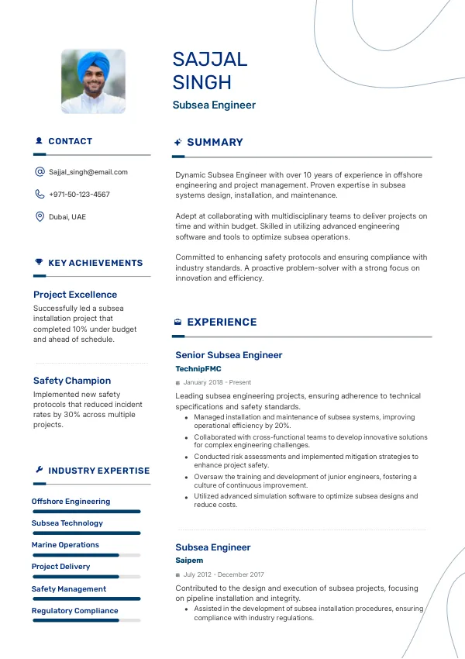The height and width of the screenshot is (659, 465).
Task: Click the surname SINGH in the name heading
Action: [202, 83]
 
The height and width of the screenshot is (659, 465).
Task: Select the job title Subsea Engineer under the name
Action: [214, 105]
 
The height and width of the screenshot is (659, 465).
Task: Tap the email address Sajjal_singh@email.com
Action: [88, 172]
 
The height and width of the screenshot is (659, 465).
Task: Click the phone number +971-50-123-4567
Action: [79, 195]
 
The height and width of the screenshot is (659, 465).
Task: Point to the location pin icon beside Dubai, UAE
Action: [40, 217]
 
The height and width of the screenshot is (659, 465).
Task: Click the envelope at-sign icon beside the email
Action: [40, 172]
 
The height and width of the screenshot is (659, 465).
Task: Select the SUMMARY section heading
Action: [215, 143]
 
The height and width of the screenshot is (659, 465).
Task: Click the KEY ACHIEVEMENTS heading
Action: [95, 264]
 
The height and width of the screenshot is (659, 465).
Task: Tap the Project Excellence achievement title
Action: [75, 295]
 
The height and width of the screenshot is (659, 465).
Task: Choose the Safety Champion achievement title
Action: [72, 381]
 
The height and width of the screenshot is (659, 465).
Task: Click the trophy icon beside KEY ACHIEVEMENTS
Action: [39, 263]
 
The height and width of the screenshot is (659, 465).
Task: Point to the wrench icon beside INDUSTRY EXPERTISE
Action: [39, 470]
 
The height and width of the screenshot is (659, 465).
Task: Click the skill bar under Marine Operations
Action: [86, 555]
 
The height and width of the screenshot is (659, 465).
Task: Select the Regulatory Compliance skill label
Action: [74, 611]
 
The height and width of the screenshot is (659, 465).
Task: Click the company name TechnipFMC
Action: [198, 369]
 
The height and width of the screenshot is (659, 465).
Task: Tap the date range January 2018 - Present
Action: [217, 382]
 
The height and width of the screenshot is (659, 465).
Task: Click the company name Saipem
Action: [189, 560]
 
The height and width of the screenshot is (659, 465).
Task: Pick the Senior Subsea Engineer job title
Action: [229, 355]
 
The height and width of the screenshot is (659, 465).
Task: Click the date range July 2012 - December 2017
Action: [223, 574]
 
